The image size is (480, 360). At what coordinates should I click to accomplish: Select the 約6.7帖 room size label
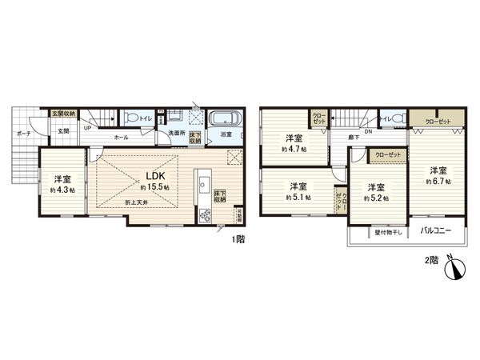437,182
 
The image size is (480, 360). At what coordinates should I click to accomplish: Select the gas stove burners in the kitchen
204,214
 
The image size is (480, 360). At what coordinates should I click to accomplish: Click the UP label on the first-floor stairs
86,127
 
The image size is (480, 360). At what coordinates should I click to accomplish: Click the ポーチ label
25,134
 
